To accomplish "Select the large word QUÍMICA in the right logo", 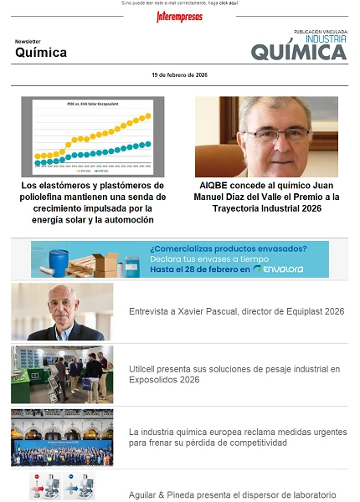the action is pos(299,53).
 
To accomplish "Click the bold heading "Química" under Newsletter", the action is pos(41,53).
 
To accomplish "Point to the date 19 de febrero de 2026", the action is pos(180,75).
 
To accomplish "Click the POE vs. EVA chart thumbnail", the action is pos(93,136).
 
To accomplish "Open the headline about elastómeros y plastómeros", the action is pos(93,202).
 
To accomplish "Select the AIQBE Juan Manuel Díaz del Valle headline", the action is pos(267,197).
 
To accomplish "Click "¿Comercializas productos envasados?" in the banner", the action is pos(228,248).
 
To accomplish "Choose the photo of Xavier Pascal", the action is pos(62,311).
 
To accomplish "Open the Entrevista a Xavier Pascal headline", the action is pos(236,311).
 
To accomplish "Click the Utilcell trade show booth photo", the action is pos(62,374).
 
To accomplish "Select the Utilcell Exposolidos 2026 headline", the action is pos(234,374).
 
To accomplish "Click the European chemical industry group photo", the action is pos(62,437).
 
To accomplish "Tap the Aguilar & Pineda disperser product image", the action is pos(62,487).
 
